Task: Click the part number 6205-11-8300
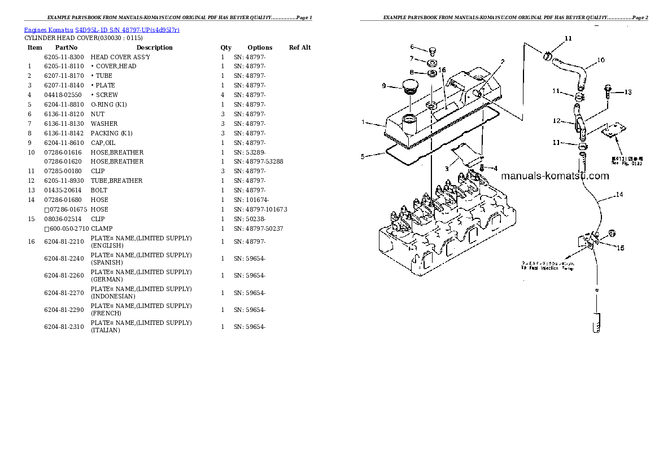tap(64, 57)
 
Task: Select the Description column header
tap(154, 47)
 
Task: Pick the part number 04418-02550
tap(63, 95)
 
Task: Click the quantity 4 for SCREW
tap(222, 95)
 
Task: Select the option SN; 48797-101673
tap(260, 209)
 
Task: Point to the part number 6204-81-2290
tap(64, 310)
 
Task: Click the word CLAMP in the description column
tap(102, 228)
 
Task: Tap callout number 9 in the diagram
tap(383, 86)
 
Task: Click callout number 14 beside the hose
tap(619, 195)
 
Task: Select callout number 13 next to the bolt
tap(627, 92)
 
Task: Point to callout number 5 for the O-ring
tap(363, 156)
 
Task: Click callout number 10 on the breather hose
tap(600, 60)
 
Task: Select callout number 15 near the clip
tap(620, 248)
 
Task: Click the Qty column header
tap(226, 47)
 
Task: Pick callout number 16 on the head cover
tap(442, 70)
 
